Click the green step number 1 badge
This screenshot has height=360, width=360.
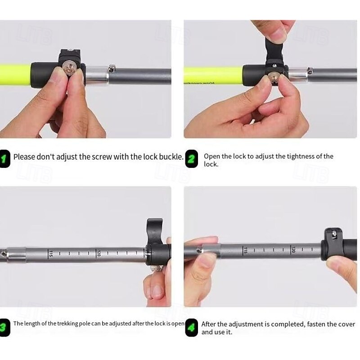[5, 158]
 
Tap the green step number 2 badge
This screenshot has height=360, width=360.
[191, 158]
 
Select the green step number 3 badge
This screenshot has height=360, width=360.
[5, 327]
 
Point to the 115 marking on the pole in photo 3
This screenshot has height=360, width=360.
[51, 254]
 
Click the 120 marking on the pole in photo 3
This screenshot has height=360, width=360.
[99, 253]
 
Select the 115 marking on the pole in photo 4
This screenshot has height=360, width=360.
[246, 250]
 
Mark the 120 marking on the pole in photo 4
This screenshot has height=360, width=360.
[293, 249]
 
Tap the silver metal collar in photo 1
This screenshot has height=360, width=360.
[96, 74]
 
